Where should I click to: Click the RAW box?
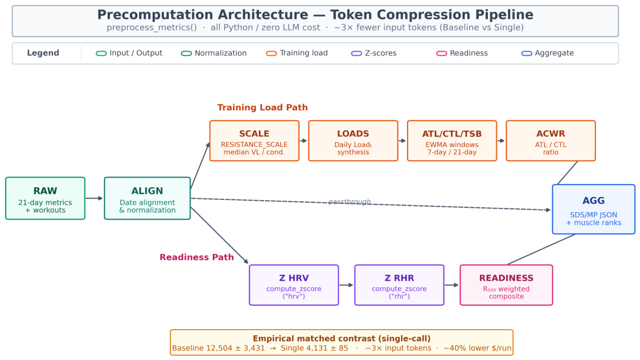[45, 198]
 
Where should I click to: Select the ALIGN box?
[148, 198]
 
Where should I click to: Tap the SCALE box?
[254, 141]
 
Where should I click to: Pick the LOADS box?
[353, 141]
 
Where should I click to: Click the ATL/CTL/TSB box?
[452, 141]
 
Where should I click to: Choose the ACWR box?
[551, 141]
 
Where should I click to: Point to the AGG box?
[593, 209]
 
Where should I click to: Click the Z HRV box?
[294, 285]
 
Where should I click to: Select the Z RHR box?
[399, 285]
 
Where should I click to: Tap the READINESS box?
[506, 285]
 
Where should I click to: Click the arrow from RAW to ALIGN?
[94, 198]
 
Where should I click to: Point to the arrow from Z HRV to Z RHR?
[346, 285]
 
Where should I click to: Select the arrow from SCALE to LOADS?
[303, 141]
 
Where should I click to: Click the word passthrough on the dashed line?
[350, 202]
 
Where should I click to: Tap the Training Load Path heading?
[262, 107]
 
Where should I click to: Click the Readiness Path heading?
[197, 257]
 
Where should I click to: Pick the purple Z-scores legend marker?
[356, 54]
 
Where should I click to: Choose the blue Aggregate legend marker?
[527, 54]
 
